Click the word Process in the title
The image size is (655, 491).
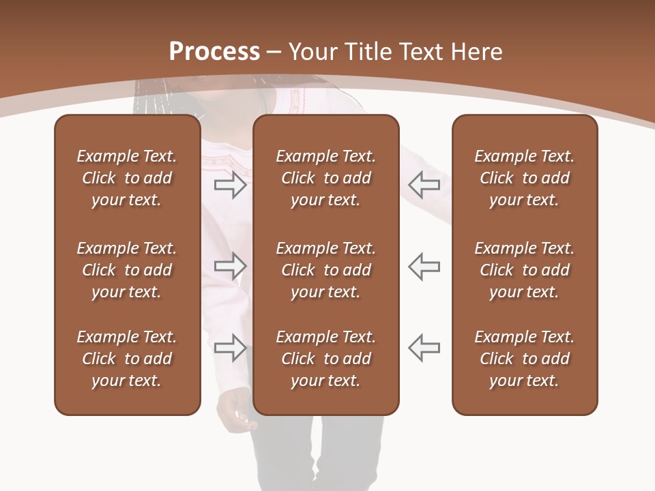pos(214,52)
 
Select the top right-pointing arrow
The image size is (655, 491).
pos(230,185)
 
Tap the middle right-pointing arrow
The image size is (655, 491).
pos(230,265)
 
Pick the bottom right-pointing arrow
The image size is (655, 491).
pos(230,348)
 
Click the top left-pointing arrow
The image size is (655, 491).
pos(424,184)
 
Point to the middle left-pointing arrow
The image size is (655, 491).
pos(424,265)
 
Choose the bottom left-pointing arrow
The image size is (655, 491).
pos(424,348)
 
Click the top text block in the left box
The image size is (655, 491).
pos(127,178)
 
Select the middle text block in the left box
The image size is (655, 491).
pos(127,270)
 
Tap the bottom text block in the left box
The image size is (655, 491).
pos(127,359)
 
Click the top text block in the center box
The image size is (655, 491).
pos(325,178)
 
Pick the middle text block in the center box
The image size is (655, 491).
pos(325,270)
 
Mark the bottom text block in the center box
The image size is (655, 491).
pos(325,359)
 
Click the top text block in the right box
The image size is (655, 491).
pos(524,178)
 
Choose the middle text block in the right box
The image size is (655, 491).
pos(524,270)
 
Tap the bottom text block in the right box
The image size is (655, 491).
pos(524,359)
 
